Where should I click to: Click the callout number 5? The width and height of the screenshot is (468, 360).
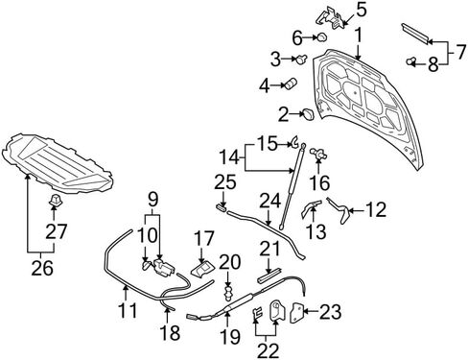(x=361, y=11)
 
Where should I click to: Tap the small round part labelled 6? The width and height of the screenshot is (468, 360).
(x=322, y=37)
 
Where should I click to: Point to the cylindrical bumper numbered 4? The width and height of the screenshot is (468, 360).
(x=291, y=84)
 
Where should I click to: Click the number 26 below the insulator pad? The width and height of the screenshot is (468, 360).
(x=42, y=268)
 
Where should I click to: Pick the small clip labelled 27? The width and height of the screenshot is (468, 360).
(x=55, y=200)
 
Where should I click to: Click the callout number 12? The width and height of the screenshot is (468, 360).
(x=376, y=210)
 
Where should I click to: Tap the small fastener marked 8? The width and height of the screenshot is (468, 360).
(x=410, y=60)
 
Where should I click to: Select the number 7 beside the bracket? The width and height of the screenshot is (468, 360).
(x=460, y=52)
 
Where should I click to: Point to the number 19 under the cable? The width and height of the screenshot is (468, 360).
(x=230, y=337)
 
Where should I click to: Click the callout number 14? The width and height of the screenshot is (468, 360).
(x=229, y=157)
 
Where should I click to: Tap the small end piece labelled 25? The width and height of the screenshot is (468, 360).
(x=222, y=207)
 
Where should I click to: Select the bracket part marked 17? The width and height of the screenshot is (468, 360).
(x=203, y=269)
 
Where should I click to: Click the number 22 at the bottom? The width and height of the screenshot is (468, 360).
(x=268, y=350)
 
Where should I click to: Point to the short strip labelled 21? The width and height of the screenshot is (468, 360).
(x=269, y=275)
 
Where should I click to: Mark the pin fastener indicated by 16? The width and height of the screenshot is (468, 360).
(x=319, y=154)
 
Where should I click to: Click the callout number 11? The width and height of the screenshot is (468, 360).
(x=129, y=310)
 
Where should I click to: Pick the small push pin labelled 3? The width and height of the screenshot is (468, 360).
(x=302, y=59)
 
